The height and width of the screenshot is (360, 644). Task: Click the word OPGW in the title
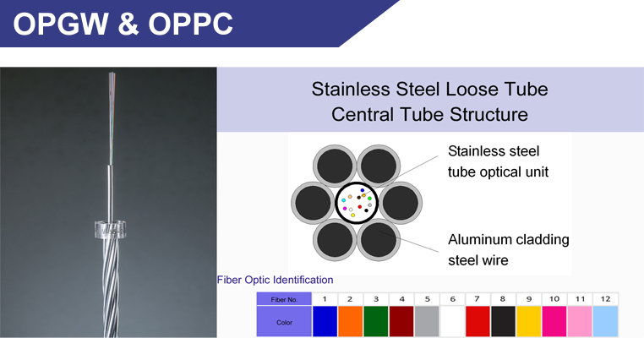60,24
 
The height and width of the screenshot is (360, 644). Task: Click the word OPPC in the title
190,24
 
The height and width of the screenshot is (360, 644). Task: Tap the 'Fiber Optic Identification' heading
275,280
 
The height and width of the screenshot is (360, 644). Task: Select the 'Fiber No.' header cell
284,299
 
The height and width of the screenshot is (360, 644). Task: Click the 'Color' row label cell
284,322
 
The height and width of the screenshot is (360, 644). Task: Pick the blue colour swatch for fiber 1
325,321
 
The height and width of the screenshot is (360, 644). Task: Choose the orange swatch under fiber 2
351,321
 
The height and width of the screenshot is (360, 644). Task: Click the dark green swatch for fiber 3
376,321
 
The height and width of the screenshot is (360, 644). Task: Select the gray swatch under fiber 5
427,321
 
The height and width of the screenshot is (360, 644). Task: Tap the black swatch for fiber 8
503,321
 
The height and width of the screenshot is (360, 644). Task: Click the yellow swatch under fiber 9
528,321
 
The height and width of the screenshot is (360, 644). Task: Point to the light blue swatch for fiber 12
605,321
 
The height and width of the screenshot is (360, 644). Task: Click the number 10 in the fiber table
554,299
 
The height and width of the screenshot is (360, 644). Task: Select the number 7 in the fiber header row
477,299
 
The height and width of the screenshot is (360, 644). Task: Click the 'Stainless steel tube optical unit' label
498,161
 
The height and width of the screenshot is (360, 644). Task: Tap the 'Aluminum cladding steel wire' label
509,249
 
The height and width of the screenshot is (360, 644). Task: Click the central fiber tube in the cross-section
357,203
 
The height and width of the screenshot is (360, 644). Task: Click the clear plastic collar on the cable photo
110,230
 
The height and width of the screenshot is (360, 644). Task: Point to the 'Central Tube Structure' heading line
429,115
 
